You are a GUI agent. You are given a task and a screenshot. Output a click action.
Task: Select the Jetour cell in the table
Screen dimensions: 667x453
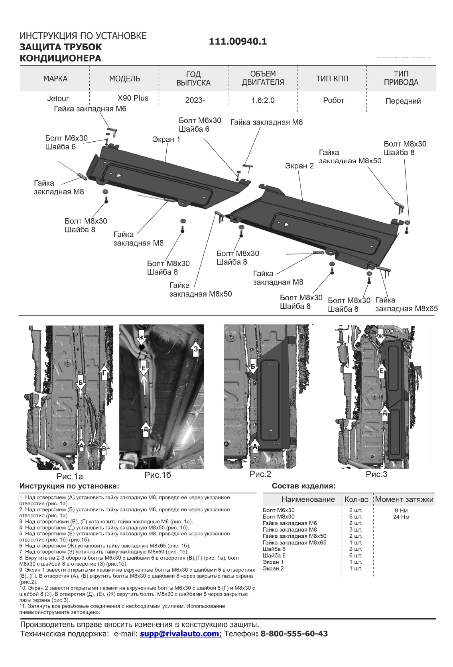(x=58, y=99)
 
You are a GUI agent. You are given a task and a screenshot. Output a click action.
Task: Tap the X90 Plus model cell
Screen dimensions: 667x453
(x=133, y=98)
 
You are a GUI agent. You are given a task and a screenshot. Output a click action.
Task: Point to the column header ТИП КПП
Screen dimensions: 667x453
(x=332, y=79)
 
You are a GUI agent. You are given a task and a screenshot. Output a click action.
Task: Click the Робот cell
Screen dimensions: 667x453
(x=333, y=101)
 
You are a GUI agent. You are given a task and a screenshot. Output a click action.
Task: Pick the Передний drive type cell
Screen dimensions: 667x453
(x=403, y=101)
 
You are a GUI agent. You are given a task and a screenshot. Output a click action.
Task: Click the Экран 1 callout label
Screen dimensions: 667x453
(x=166, y=139)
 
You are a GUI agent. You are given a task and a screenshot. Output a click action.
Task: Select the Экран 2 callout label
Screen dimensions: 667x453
(x=299, y=166)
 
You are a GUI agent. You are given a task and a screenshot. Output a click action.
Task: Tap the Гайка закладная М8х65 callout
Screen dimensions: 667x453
(x=406, y=304)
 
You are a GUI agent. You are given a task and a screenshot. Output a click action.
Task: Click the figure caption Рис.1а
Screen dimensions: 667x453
(x=69, y=476)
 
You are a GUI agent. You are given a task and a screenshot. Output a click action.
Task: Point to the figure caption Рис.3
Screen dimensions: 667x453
(x=376, y=474)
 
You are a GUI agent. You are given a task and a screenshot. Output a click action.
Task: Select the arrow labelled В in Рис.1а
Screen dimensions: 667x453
(x=104, y=448)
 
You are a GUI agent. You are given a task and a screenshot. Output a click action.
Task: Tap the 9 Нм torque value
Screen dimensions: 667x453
(x=401, y=511)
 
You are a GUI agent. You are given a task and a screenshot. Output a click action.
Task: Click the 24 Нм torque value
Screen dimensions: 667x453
(x=401, y=517)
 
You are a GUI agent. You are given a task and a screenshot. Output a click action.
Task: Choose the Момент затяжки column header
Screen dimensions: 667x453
(x=404, y=499)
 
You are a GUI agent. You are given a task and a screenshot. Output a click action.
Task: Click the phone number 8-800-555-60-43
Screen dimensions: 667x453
(x=294, y=633)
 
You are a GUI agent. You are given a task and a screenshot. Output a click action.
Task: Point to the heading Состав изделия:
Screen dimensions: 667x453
(x=303, y=486)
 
